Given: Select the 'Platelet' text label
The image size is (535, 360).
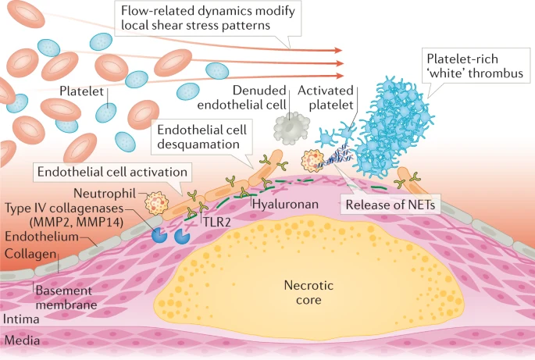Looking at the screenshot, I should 81,91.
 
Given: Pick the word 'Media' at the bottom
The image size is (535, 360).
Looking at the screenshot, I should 21,340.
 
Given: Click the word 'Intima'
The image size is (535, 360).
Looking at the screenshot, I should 21,319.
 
